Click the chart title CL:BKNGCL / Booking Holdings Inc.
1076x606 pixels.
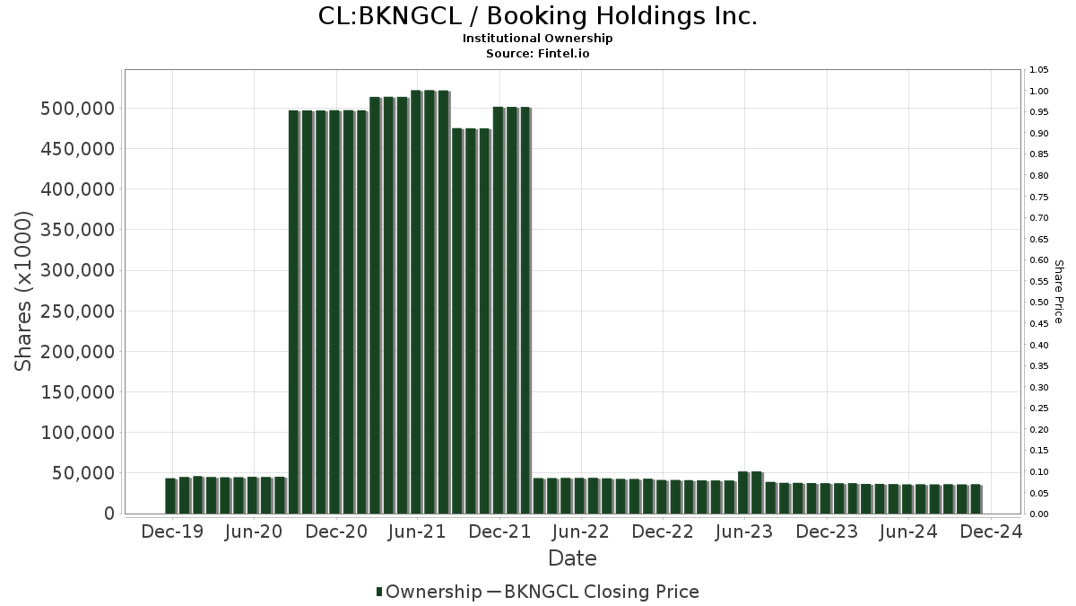coord(537,16)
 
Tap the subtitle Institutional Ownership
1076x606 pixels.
coord(537,39)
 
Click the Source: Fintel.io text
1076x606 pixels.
coord(537,54)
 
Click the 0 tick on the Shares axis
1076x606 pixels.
coord(109,514)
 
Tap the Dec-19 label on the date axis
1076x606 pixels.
coord(173,531)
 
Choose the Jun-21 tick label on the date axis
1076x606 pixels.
coord(416,531)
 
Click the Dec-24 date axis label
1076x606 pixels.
coord(990,531)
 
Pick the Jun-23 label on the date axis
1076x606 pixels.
coord(743,531)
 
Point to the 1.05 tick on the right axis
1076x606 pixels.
coord(1039,70)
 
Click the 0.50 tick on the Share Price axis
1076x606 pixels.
coord(1039,303)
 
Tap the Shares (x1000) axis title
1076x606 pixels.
coord(24,291)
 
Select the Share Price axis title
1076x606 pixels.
coord(1058,291)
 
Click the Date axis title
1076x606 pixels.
coord(572,558)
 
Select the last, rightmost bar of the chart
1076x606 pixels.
coord(976,499)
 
